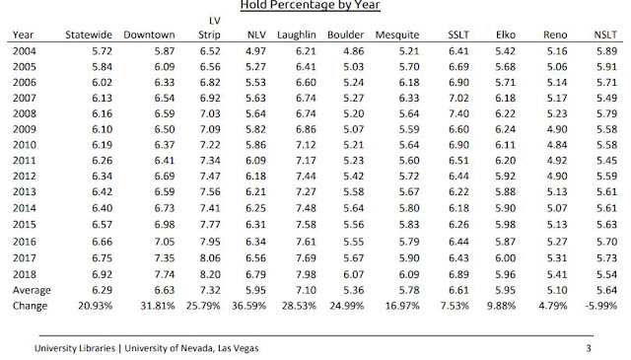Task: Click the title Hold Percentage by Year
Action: click(x=311, y=5)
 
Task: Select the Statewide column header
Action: click(x=89, y=36)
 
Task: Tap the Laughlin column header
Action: click(x=297, y=36)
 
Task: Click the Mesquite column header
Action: click(x=397, y=36)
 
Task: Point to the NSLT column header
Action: click(x=605, y=36)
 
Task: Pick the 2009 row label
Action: click(x=24, y=129)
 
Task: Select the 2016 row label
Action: click(x=24, y=242)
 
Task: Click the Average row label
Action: click(x=32, y=290)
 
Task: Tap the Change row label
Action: click(x=30, y=306)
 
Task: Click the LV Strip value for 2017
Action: click(x=210, y=258)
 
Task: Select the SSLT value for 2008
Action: click(x=458, y=113)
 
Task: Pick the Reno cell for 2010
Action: click(x=557, y=145)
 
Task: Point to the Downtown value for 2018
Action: click(x=165, y=274)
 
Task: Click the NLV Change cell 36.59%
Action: click(x=248, y=306)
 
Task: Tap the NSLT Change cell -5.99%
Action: click(x=600, y=306)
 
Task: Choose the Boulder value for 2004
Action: click(x=353, y=51)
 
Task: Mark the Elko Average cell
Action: click(x=505, y=290)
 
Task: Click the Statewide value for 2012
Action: click(x=102, y=177)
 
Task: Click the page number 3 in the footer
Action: click(x=589, y=348)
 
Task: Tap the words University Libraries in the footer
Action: click(x=75, y=348)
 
